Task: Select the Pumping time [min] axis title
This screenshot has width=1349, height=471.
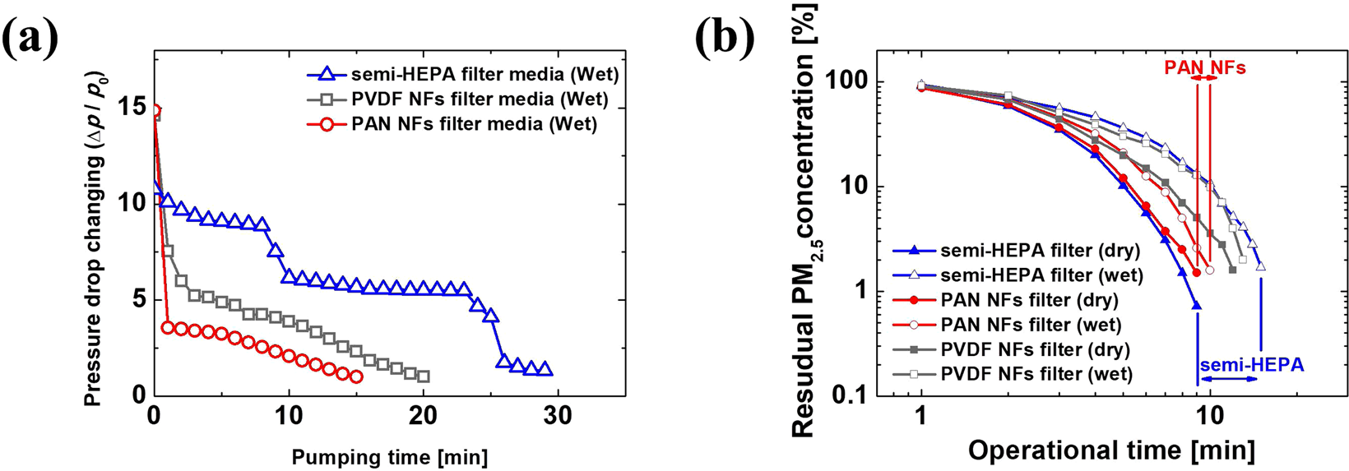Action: point(389,456)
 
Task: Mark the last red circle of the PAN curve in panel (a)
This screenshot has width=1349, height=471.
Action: point(355,376)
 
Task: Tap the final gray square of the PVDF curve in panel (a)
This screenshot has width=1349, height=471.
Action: point(423,376)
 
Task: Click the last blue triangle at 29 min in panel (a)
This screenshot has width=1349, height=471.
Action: point(545,370)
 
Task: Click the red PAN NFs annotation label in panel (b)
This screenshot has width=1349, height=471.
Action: point(1204,68)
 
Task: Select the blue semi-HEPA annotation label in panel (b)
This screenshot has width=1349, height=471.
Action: point(1252,364)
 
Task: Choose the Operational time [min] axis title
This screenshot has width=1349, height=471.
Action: point(1111,450)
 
